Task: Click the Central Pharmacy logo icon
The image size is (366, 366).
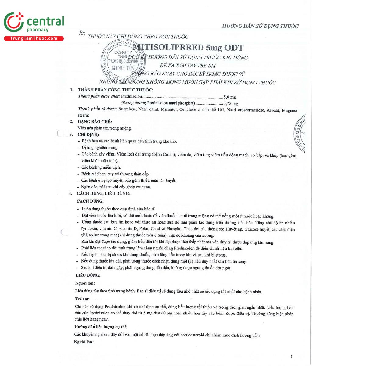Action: coord(14,22)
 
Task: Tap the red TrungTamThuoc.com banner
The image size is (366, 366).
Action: coord(34,38)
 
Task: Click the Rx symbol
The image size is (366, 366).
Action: coord(82,33)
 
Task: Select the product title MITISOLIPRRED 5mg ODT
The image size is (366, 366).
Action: coord(188,48)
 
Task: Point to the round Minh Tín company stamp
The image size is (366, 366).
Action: coord(123,61)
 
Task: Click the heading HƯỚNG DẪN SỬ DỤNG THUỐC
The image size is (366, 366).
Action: coord(260,26)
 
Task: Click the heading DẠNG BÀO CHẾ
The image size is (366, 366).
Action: coord(95,122)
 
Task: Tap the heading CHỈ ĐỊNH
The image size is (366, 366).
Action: coord(88,135)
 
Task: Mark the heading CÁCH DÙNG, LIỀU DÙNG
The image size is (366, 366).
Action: coord(103,193)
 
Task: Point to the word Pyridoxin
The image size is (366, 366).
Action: coord(89,229)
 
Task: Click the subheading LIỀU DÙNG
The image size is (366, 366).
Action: coord(88,275)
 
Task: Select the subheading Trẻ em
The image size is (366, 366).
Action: coord(82,299)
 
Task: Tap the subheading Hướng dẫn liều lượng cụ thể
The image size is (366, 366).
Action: coord(100,327)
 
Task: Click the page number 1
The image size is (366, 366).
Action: coord(292,357)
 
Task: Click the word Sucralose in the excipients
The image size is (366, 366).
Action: coord(127,109)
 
